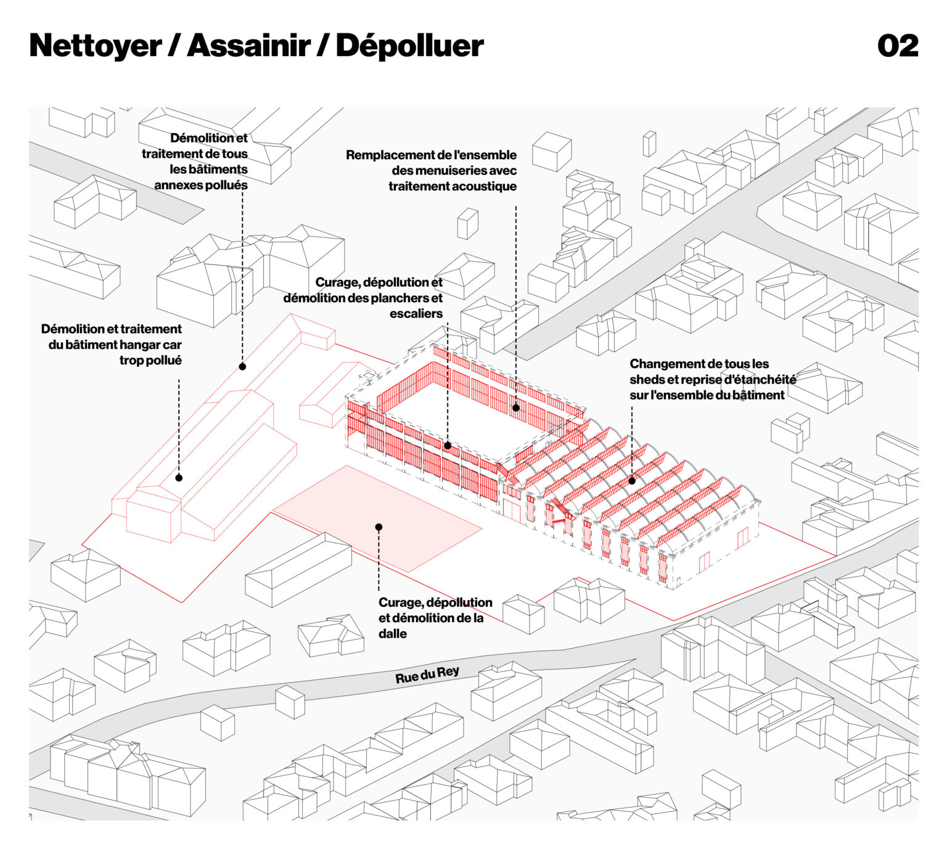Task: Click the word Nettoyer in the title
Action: (95, 46)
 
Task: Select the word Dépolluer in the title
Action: (409, 46)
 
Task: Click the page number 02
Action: (898, 46)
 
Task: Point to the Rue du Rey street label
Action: (427, 675)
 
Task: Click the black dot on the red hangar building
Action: (179, 478)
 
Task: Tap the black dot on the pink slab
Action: (379, 527)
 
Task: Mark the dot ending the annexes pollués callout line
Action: (242, 367)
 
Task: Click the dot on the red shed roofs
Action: (631, 481)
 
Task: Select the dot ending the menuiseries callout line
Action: (515, 408)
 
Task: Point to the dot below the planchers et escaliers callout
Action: (448, 445)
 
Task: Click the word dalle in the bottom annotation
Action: (393, 634)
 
